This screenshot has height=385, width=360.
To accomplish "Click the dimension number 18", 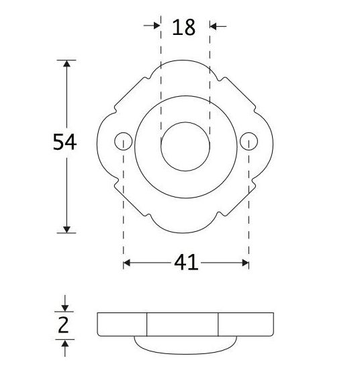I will click(183, 28).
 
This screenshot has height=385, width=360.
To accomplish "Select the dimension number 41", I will click(186, 263).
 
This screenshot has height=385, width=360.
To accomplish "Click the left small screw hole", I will click(123, 141).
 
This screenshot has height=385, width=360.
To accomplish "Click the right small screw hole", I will click(249, 141).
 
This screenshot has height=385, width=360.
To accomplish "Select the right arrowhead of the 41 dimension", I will click(244, 263).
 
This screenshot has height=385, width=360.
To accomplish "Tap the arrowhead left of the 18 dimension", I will click(156, 26).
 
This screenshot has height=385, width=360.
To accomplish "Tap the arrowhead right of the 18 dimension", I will click(215, 26).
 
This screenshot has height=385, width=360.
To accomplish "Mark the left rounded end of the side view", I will click(99, 325).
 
